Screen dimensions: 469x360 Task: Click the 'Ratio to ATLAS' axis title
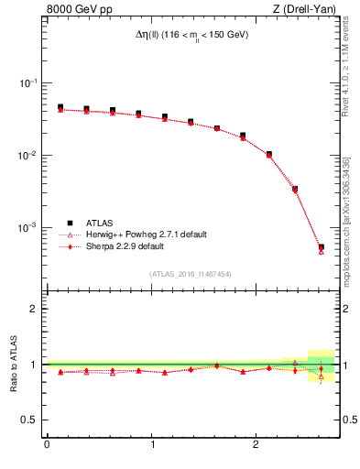pyautogui.click(x=12, y=364)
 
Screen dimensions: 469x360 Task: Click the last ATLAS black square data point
pyautogui.click(x=321, y=246)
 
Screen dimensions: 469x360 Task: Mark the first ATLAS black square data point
pyautogui.click(x=60, y=107)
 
